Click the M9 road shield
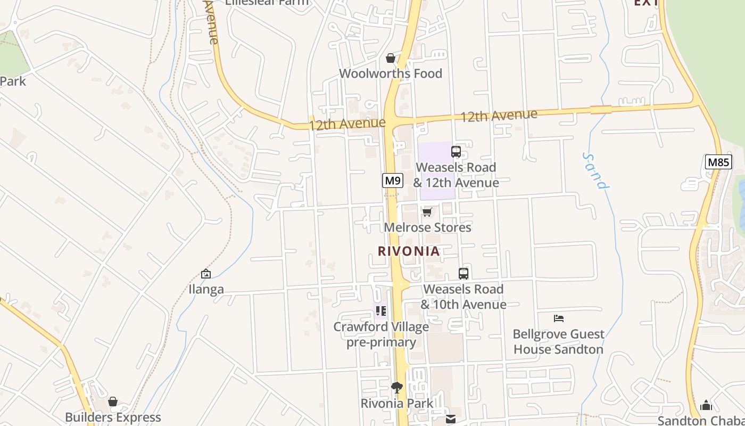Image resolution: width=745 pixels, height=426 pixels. pos(393,181)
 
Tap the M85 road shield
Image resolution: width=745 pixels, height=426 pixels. pos(718,162)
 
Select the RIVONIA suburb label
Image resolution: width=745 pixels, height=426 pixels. pos(409,251)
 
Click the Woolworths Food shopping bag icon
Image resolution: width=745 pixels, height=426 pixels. pos(391,58)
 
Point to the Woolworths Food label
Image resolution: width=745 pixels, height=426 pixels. pos(391,73)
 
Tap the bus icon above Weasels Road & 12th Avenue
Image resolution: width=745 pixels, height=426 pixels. pos(456,152)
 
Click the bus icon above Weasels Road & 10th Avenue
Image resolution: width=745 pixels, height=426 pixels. pos(463,274)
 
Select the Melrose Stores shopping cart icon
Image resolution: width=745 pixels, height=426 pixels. pos(427,212)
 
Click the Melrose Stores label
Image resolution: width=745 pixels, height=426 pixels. pos(428,227)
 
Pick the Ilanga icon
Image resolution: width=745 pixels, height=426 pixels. pos(206,274)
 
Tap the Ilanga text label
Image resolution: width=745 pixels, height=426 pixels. pos(206,290)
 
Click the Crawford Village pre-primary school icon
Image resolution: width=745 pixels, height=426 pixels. pos(380,310)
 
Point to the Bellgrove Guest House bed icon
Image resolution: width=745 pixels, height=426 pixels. pos(558,318)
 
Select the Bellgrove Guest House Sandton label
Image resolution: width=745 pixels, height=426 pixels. pos(558,342)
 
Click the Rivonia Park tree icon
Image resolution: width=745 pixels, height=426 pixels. pos(396,387)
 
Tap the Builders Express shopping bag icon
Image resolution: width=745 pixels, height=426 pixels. pos(113,402)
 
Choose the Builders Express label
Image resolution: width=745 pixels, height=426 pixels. pos(113,417)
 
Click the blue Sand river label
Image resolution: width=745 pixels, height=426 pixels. pos(595,171)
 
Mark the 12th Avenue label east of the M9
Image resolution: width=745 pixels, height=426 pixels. pos(499,116)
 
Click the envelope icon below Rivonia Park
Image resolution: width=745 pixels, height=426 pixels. pos(451,419)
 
